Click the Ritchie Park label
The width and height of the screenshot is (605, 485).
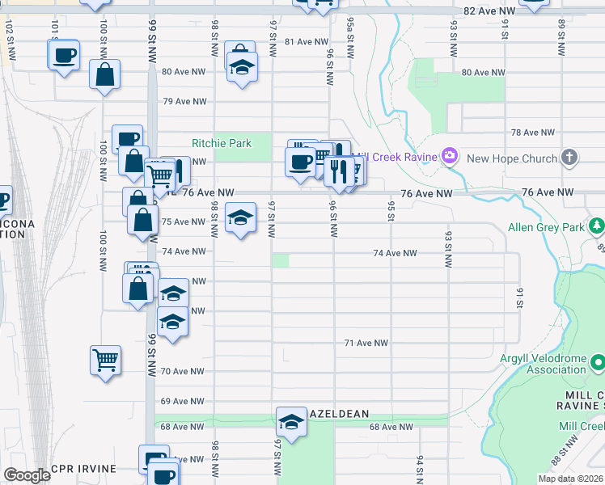tap(221, 143)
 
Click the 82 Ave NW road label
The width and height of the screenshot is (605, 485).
tap(489, 11)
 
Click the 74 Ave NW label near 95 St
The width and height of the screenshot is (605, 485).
tap(395, 253)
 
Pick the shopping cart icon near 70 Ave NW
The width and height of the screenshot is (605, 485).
tap(106, 361)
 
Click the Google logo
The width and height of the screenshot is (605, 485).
tap(27, 474)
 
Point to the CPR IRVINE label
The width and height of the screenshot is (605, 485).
tap(83, 469)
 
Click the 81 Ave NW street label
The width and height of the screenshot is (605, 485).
tap(307, 41)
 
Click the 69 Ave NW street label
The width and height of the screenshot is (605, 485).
tap(183, 401)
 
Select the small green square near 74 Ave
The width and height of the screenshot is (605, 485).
tap(280, 260)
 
